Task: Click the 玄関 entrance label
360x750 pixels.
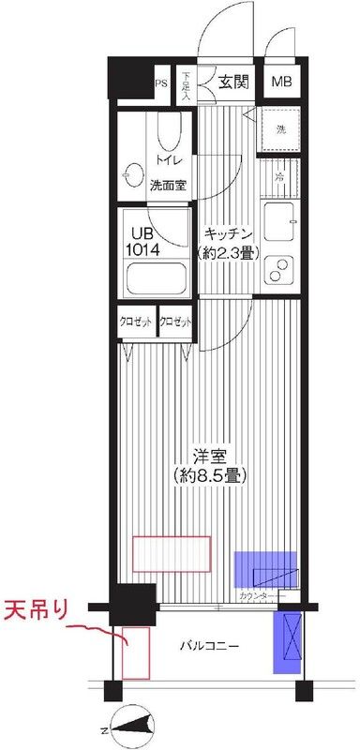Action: (x=234, y=82)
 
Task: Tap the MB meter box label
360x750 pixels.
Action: (x=282, y=82)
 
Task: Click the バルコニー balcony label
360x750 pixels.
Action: (x=212, y=647)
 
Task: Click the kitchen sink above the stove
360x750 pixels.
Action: (x=280, y=223)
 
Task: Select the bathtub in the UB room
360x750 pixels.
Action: (x=157, y=279)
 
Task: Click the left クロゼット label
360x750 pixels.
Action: (x=136, y=322)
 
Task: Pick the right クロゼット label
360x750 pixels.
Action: (x=176, y=322)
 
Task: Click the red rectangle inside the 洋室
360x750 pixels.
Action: (x=171, y=552)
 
